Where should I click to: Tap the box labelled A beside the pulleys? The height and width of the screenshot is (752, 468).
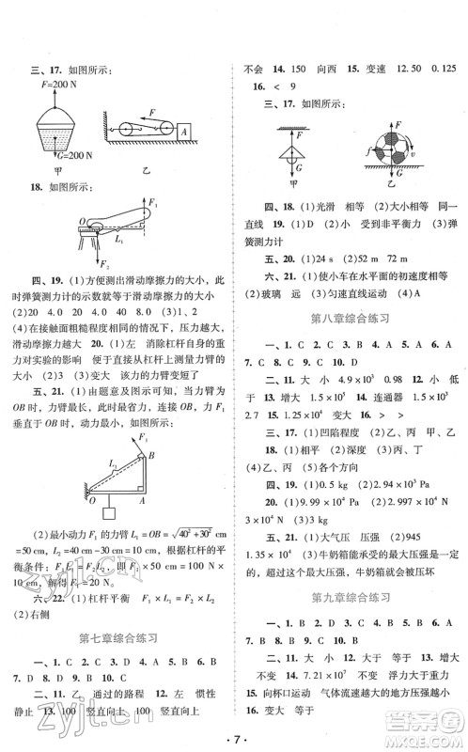[x=185, y=130]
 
